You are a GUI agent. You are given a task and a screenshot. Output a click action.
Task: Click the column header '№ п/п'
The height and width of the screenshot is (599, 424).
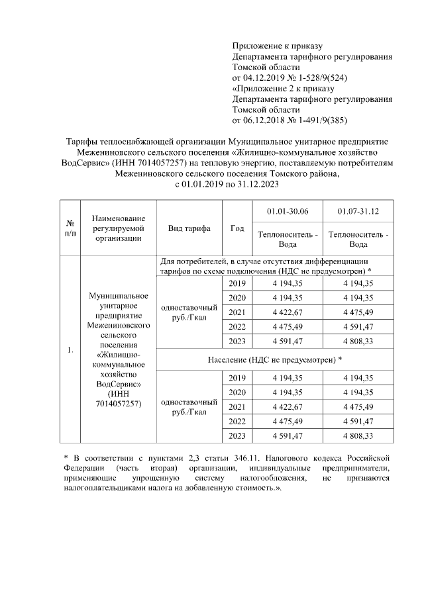[70, 228]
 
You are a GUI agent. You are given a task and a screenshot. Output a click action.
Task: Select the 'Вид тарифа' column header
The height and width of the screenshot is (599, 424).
[189, 228]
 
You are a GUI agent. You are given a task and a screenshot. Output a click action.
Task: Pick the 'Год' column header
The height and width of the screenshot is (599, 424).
[237, 228]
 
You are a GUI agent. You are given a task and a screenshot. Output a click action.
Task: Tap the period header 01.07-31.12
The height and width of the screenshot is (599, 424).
[358, 211]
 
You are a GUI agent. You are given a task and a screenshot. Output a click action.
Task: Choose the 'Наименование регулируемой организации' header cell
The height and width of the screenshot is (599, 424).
[119, 228]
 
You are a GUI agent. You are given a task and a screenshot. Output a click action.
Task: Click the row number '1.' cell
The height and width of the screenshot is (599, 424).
[70, 349]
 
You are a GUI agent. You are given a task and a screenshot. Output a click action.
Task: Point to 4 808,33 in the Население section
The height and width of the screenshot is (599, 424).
[358, 436]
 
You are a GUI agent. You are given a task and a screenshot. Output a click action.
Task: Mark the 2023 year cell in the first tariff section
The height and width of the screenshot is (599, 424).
[237, 342]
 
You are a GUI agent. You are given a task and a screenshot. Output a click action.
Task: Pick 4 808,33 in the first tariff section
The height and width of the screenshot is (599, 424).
[358, 342]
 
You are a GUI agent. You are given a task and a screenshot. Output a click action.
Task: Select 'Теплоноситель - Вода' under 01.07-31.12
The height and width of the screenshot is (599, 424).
[358, 239]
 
